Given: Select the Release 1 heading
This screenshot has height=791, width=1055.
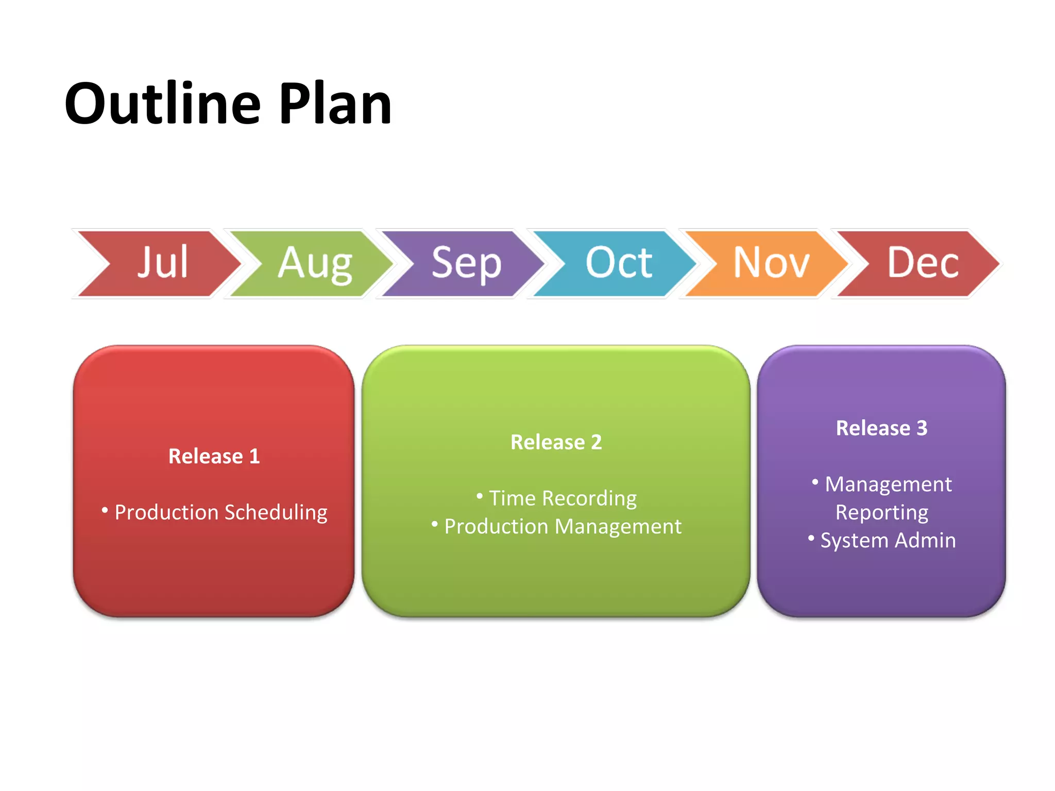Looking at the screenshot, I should (214, 456).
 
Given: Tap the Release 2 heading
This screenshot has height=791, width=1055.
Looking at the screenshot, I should (556, 442).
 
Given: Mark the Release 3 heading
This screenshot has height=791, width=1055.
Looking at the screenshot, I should (881, 428).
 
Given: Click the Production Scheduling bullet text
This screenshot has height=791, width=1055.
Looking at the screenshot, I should (221, 512).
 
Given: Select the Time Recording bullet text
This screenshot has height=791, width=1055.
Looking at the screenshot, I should (563, 498).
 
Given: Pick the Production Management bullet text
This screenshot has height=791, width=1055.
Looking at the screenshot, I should (563, 526).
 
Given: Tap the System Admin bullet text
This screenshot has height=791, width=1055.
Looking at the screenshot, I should (888, 540).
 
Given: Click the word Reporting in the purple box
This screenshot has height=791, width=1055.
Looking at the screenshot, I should (881, 512).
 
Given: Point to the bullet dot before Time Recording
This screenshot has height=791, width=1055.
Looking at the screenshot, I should (480, 496).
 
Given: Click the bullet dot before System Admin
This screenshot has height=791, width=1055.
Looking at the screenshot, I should (811, 539).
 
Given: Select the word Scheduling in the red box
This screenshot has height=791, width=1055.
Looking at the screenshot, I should (276, 512).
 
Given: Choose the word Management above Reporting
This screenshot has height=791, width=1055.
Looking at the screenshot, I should (888, 485).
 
